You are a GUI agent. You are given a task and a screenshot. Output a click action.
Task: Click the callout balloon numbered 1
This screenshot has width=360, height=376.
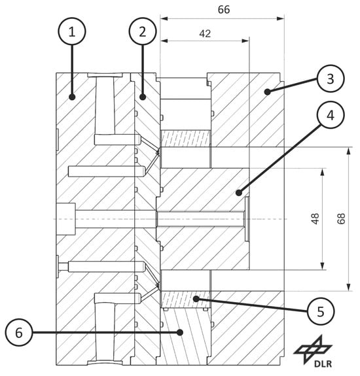coord(72,31)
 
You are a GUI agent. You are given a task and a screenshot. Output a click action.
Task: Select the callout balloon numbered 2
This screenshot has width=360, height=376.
coord(143,31)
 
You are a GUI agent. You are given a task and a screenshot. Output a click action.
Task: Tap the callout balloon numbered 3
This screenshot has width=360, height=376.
coord(331,78)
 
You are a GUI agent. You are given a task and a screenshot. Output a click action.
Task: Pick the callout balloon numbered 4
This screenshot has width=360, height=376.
coord(331,115)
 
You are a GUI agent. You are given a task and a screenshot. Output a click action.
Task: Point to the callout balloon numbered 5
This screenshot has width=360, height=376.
coord(321,311)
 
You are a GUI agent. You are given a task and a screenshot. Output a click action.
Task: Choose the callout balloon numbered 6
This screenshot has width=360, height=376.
coord(19,332)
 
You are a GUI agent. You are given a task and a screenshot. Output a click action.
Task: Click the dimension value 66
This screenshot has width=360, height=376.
coord(224,10)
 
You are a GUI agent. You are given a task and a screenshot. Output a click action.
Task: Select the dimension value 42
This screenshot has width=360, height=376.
coord(205,33)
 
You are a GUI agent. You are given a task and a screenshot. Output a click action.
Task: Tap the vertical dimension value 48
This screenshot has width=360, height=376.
coord(315,218)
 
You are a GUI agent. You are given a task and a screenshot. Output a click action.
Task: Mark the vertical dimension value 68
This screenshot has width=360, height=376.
coord(341,218)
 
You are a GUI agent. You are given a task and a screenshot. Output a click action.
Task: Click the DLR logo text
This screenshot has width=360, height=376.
coord(323,364)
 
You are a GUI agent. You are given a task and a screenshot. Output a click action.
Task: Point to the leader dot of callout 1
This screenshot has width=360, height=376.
coord(72,97)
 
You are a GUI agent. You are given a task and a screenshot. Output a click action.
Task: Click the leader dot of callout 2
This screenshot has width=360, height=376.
coord(143,97)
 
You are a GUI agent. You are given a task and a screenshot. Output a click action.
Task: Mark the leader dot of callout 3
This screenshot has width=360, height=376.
coord(267,92)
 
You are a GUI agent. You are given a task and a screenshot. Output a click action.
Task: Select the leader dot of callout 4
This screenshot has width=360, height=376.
coord(238,192)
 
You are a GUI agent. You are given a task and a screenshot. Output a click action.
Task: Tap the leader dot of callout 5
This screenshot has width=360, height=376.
coord(196,299)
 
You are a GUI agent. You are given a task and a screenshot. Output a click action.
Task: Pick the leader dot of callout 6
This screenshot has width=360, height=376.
coord(180,332)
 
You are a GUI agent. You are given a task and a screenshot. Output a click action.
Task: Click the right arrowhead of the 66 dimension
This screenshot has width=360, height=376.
coord(280,18)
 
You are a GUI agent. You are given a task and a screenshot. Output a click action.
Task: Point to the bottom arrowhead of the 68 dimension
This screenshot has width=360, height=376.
coord(349,287)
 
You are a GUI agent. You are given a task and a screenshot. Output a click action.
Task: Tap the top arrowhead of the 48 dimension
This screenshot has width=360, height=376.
coord(323,172)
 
